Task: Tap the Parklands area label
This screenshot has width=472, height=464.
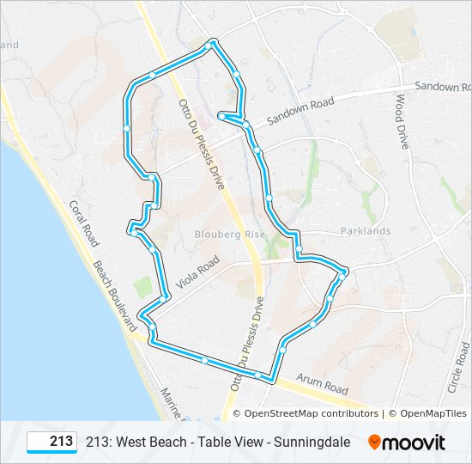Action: (365, 231)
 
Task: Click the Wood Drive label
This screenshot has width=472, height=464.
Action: (401, 121)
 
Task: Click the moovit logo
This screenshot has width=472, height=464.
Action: (407, 443)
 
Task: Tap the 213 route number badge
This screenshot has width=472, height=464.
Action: (52, 442)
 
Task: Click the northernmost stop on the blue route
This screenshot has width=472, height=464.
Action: (213, 43)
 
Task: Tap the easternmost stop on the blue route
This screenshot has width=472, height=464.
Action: (342, 273)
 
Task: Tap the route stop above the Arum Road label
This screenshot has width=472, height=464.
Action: (282, 350)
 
